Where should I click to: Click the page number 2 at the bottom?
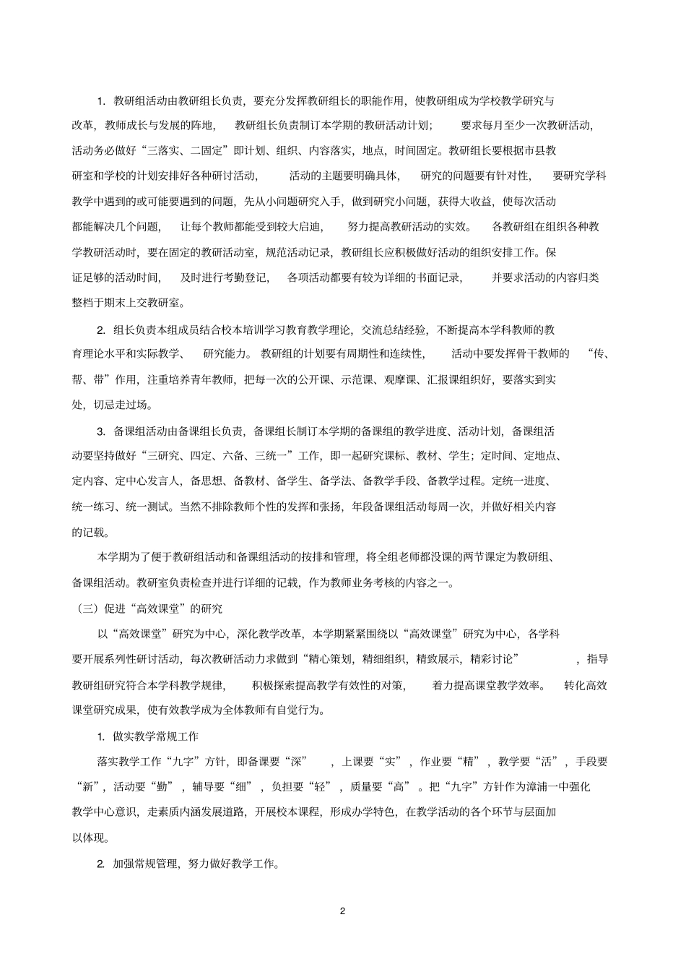pyautogui.click(x=342, y=911)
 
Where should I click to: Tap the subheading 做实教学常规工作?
pyautogui.click(x=155, y=736)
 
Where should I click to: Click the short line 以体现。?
pyautogui.click(x=91, y=838)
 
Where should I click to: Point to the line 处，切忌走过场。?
pyautogui.click(x=112, y=405)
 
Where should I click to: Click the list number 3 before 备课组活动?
pyautogui.click(x=101, y=431)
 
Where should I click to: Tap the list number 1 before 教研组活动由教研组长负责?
pyautogui.click(x=101, y=100)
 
